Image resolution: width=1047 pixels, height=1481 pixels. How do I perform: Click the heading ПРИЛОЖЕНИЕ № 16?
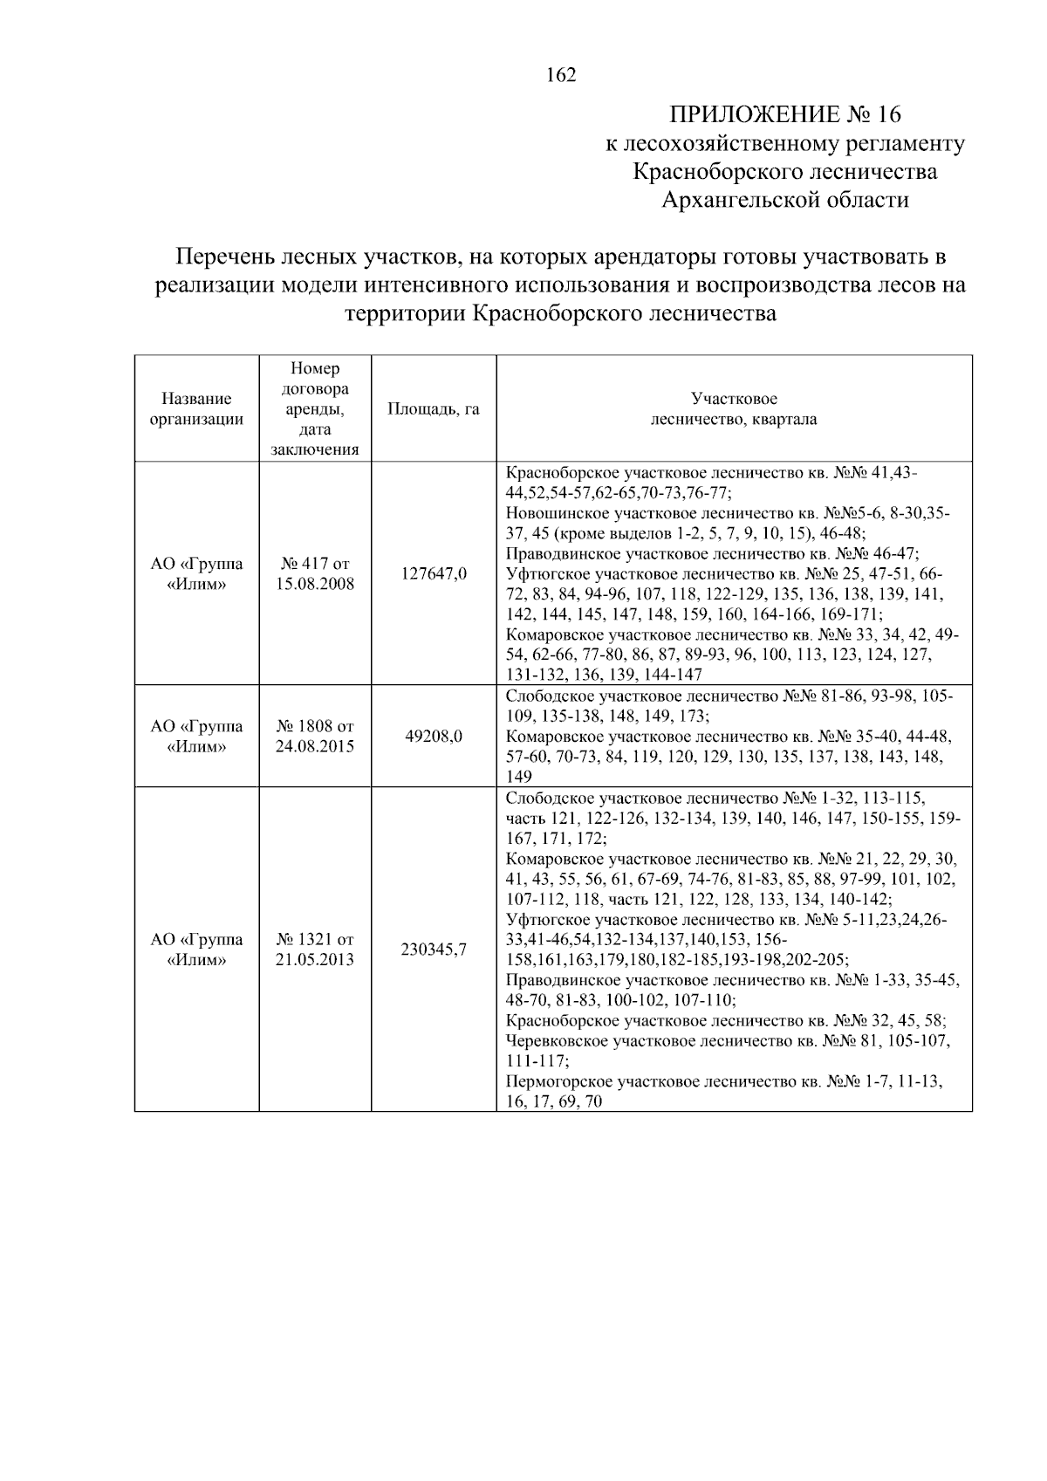[x=784, y=114]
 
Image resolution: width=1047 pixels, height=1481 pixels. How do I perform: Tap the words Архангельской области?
[x=784, y=200]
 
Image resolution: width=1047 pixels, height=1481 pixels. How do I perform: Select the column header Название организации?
[x=196, y=408]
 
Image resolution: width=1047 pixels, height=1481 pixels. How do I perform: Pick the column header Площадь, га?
[x=434, y=408]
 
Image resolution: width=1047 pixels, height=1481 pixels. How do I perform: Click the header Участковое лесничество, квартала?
[x=734, y=408]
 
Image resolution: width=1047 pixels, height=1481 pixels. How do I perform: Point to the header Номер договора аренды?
[x=315, y=408]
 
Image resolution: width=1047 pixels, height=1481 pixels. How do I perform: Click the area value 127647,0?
[x=434, y=573]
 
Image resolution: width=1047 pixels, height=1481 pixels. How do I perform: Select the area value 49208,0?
[x=434, y=736]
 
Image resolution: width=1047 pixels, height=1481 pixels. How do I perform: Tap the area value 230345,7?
[x=434, y=950]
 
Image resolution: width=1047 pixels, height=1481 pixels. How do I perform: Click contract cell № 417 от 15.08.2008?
[x=315, y=573]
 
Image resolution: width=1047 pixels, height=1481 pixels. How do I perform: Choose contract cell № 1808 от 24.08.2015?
[x=315, y=736]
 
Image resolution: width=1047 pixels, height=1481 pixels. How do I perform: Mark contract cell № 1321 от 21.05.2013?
[x=315, y=950]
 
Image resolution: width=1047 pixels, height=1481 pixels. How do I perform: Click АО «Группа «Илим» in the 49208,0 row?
[x=196, y=736]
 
